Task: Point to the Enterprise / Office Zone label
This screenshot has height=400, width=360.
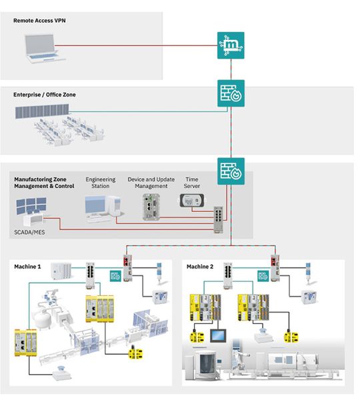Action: tap(45, 95)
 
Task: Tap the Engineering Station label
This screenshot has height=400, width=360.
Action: tap(101, 183)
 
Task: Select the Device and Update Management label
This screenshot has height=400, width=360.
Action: tap(150, 183)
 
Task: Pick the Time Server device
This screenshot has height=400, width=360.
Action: tap(191, 200)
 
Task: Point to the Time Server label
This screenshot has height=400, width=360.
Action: tap(191, 183)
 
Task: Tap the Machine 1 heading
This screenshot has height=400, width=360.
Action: tap(27, 267)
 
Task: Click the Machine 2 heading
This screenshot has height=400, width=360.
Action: tap(199, 267)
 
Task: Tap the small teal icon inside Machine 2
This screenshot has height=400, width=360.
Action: tap(255, 276)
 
